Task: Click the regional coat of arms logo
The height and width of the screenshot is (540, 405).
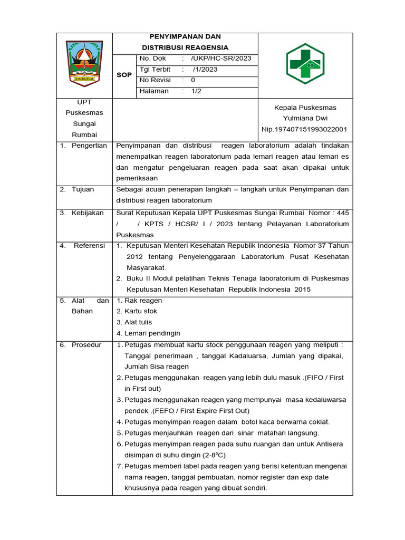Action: pyautogui.click(x=84, y=63)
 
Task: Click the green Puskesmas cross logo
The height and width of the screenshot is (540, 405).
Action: pyautogui.click(x=305, y=64)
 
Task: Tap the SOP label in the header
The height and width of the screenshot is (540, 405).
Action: pyautogui.click(x=124, y=75)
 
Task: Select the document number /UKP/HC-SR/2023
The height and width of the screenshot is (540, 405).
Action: pyautogui.click(x=221, y=59)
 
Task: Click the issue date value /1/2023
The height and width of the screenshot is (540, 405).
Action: pyautogui.click(x=205, y=69)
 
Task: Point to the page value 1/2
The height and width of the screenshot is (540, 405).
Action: pyautogui.click(x=196, y=91)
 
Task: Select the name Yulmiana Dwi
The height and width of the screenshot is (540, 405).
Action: pyautogui.click(x=305, y=118)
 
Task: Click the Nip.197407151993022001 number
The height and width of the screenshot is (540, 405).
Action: pyautogui.click(x=304, y=129)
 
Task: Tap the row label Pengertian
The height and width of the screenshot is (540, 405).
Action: pyautogui.click(x=89, y=146)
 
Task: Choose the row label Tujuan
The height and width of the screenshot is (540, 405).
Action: pyautogui.click(x=83, y=189)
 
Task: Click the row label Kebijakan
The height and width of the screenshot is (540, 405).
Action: pyautogui.click(x=88, y=213)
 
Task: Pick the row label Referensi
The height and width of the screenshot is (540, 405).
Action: pyautogui.click(x=89, y=246)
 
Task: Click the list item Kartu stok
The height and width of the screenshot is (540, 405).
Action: pyautogui.click(x=140, y=311)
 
